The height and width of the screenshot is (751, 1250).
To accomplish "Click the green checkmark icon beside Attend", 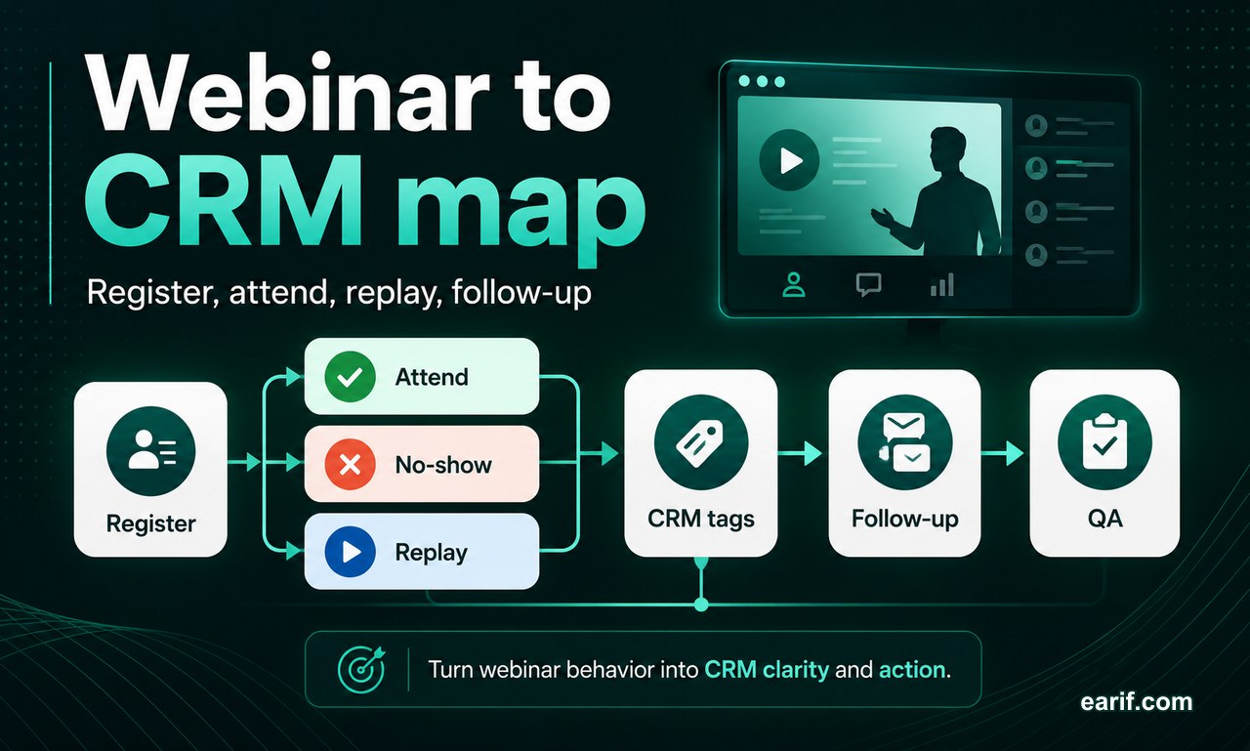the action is point(350,377).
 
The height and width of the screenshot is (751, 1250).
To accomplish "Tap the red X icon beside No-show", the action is point(350,464).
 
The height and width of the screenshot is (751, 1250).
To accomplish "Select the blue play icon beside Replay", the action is point(350,551).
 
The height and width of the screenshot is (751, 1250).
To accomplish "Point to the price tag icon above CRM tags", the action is point(701,441).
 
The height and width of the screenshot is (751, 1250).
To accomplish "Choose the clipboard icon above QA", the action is point(1104,441).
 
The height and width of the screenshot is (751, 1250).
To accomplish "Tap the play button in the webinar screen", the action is point(790,161).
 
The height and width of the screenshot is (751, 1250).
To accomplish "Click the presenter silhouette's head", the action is point(947,150).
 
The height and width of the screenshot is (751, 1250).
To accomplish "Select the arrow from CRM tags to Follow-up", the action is point(799,453).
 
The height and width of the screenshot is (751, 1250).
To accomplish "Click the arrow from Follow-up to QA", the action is point(1002,453).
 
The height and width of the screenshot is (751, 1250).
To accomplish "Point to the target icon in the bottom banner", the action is point(361,669).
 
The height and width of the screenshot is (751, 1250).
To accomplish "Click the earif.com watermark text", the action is point(1136,701).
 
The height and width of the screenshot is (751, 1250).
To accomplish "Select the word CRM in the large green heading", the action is point(224,201).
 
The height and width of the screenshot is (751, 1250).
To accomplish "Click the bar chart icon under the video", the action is point(942,284).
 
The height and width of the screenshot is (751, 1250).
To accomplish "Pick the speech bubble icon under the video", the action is point(868,284).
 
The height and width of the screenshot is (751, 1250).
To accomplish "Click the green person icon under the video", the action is point(794,284).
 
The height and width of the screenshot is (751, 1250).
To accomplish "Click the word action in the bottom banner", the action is point(912,669).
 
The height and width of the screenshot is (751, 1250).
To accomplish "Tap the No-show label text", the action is point(443,464).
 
